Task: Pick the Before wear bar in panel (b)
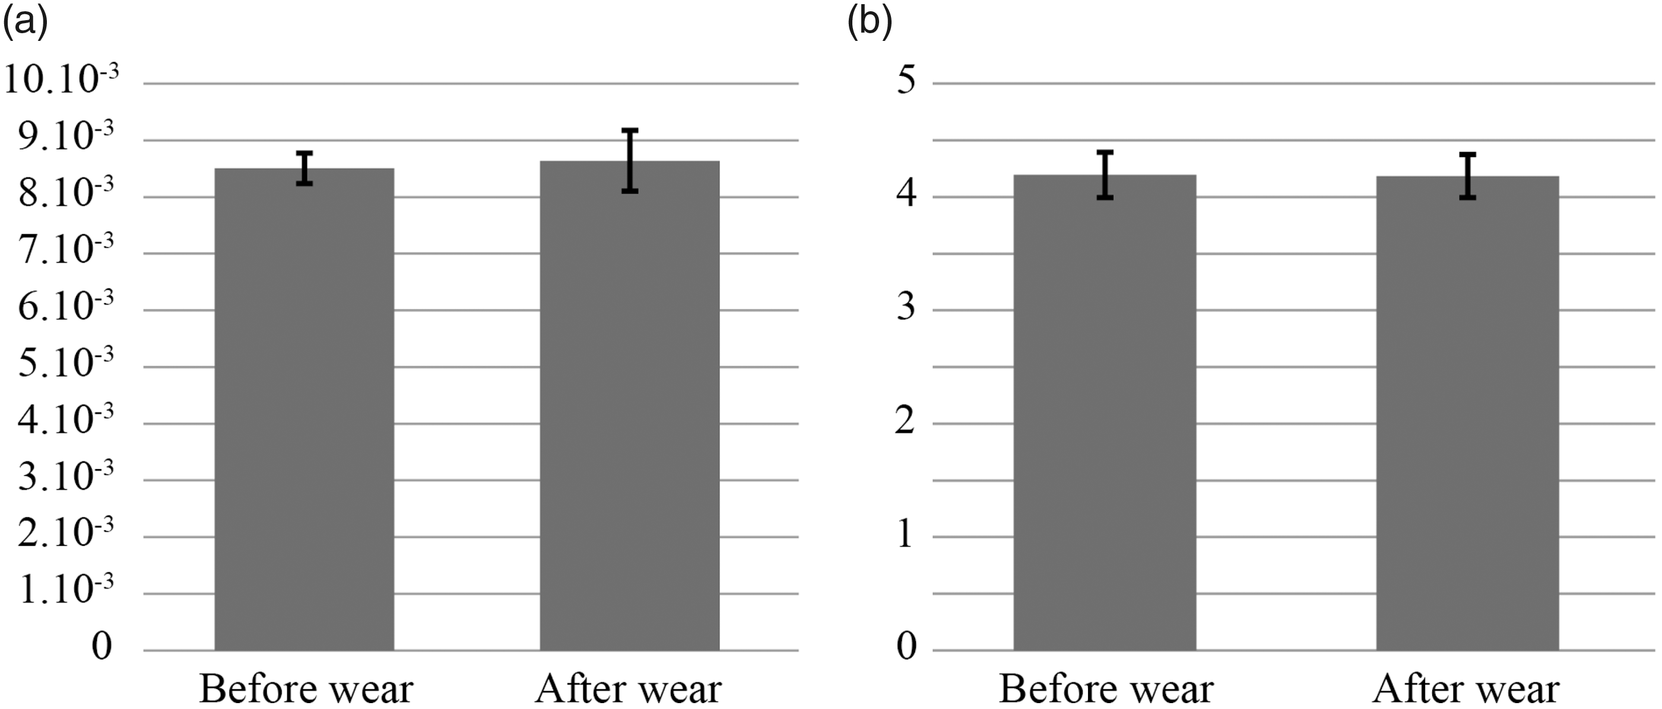[1105, 413]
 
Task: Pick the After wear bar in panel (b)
[1468, 413]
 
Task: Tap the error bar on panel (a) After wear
[630, 161]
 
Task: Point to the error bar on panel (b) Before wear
[1105, 175]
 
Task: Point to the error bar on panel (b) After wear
[1468, 176]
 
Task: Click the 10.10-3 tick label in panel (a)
[61, 80]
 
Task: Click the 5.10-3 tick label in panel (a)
[65, 363]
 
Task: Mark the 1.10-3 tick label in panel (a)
[65, 590]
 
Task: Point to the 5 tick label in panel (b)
[906, 81]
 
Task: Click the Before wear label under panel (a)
[306, 689]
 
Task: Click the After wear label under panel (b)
[1466, 689]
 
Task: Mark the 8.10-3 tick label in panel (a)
[65, 193]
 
